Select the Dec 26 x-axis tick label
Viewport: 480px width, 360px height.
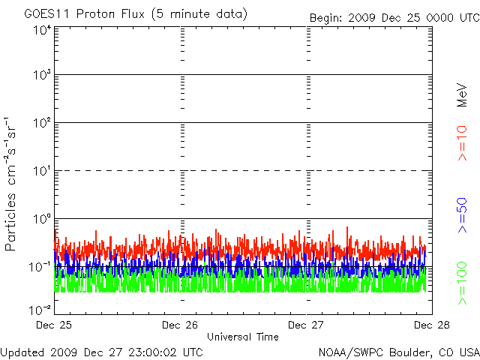point(180,325)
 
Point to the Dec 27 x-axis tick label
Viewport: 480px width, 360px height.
point(306,325)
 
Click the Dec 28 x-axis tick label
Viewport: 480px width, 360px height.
point(431,325)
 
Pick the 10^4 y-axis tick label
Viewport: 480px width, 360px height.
point(42,30)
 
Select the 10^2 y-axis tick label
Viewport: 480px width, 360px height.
point(42,124)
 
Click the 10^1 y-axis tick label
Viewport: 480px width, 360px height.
point(42,172)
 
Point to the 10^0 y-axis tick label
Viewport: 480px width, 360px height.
point(42,220)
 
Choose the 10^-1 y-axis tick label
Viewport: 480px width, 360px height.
point(40,268)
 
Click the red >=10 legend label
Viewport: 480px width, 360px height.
point(463,142)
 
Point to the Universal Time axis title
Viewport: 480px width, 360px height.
point(242,337)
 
